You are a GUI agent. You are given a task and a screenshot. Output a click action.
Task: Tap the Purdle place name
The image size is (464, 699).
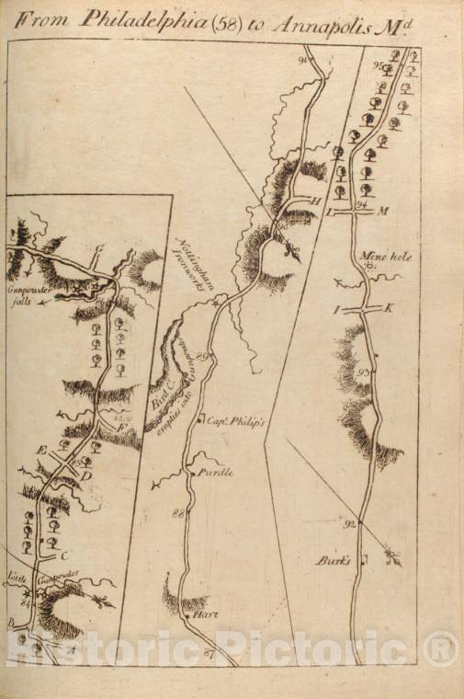pyautogui.click(x=218, y=472)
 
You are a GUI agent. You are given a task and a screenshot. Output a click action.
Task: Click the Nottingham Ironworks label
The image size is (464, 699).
pyautogui.click(x=195, y=264)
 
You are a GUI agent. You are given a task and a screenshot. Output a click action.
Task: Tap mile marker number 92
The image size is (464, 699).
pyautogui.click(x=348, y=524)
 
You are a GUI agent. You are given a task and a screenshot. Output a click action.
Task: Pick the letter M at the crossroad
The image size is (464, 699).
pyautogui.click(x=384, y=212)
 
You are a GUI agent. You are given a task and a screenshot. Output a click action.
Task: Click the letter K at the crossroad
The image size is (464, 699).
pyautogui.click(x=389, y=307)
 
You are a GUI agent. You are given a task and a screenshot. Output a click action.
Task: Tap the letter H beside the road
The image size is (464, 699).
pyautogui.click(x=312, y=200)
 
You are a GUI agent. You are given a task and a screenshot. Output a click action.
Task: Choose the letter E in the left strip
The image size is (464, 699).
pyautogui.click(x=40, y=448)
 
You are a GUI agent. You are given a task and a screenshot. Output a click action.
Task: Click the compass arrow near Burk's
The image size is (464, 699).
pyautogui.click(x=392, y=557)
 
